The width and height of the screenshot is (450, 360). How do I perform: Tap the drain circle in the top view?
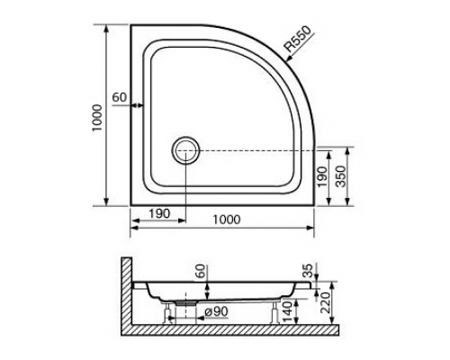[185, 150]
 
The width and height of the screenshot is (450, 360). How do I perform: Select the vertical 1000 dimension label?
[97, 117]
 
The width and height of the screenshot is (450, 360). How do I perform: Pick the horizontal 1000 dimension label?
[227, 220]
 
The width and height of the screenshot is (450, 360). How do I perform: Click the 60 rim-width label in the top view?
[120, 97]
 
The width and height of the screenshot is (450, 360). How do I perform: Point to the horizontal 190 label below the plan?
[159, 213]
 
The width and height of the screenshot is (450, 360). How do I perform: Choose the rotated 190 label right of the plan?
[322, 177]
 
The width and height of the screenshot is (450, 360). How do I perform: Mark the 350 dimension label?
[340, 176]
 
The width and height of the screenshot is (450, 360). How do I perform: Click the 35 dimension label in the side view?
[308, 271]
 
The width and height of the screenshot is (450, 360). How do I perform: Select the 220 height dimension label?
[325, 302]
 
